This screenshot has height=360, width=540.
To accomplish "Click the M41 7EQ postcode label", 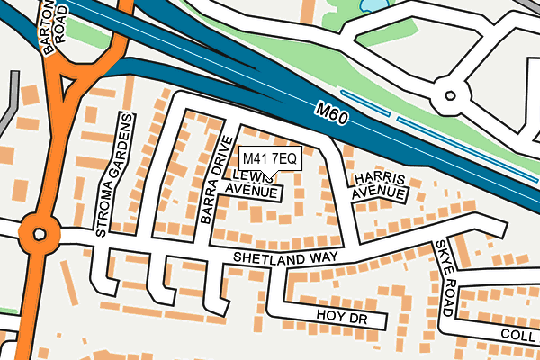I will click(x=269, y=158).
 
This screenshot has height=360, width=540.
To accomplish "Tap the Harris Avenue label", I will click(x=379, y=185).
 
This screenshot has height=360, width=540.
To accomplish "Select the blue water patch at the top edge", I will click(x=373, y=5).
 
